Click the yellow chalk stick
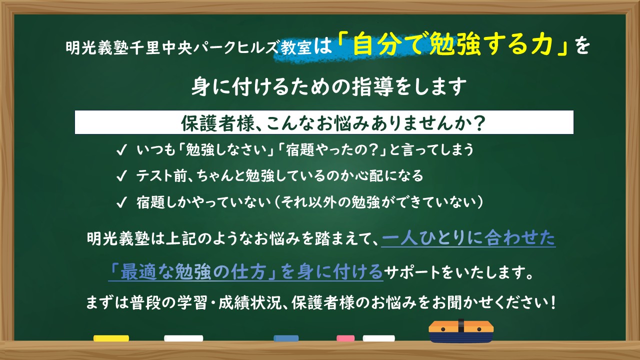tap(111, 338)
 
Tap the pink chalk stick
tap(345, 338)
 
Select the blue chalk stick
tap(286, 338)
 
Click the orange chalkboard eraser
tap(461, 331)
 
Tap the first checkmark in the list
tap(121, 150)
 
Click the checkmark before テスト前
tap(121, 176)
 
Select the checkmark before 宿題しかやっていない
tap(121, 202)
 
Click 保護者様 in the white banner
tap(217, 123)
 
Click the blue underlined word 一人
tap(399, 237)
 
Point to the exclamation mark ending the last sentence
tap(553, 302)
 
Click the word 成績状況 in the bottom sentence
tap(250, 302)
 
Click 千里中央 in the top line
tap(161, 47)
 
